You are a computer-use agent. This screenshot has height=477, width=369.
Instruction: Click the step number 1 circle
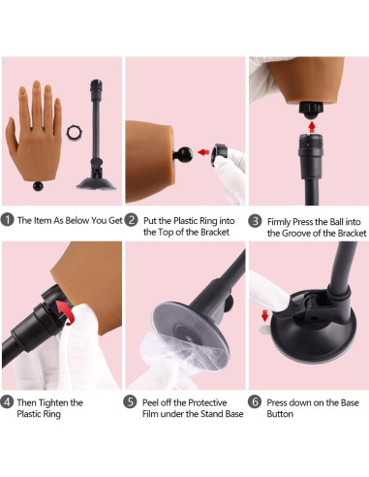[x=7, y=220]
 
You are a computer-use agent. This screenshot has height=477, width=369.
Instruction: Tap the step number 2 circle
[x=131, y=220]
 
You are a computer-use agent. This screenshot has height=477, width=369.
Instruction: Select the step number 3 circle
[x=255, y=221]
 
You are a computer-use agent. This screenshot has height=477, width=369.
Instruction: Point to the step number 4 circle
[x=7, y=402]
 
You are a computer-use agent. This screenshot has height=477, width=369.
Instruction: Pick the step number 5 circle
[x=130, y=402]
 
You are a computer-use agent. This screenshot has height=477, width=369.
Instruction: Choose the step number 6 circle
[x=255, y=402]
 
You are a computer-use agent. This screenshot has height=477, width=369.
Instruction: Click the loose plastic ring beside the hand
[x=75, y=133]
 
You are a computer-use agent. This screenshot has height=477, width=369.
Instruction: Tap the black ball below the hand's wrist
[x=39, y=186]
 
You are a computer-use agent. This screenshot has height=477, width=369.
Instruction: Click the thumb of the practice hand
[x=12, y=135]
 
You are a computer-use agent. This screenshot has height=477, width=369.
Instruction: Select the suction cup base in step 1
[x=96, y=182]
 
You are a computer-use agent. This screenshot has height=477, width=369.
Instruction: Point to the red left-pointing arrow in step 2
[x=203, y=152]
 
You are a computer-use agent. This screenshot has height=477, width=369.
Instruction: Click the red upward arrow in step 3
[x=312, y=126]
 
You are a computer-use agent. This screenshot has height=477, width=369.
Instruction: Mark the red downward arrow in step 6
[x=264, y=316]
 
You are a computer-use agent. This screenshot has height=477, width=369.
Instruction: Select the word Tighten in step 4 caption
[x=56, y=402]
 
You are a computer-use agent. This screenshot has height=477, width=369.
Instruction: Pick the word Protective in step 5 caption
[x=207, y=402]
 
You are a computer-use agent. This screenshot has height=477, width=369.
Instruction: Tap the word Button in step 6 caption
[x=280, y=414]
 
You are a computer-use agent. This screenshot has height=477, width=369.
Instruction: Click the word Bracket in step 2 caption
[x=215, y=232]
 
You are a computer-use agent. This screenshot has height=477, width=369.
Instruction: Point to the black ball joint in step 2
[x=184, y=154]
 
